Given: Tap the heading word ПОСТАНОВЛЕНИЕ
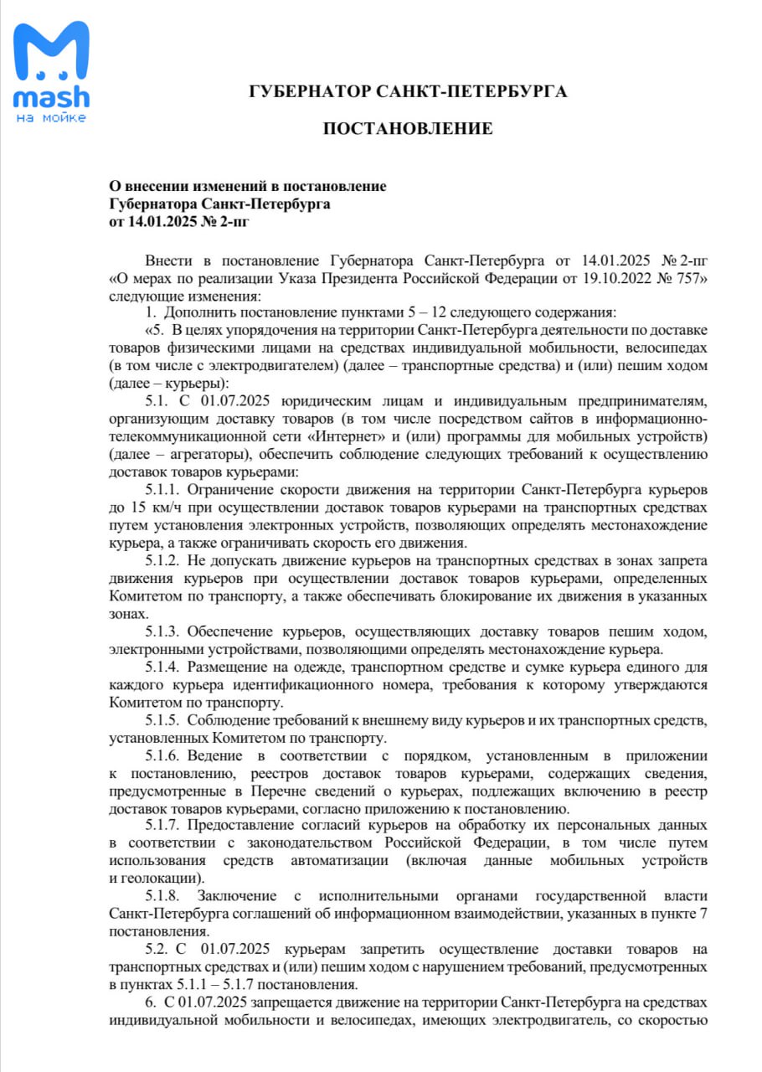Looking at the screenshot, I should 408,129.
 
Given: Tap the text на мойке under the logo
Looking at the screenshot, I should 51,117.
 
